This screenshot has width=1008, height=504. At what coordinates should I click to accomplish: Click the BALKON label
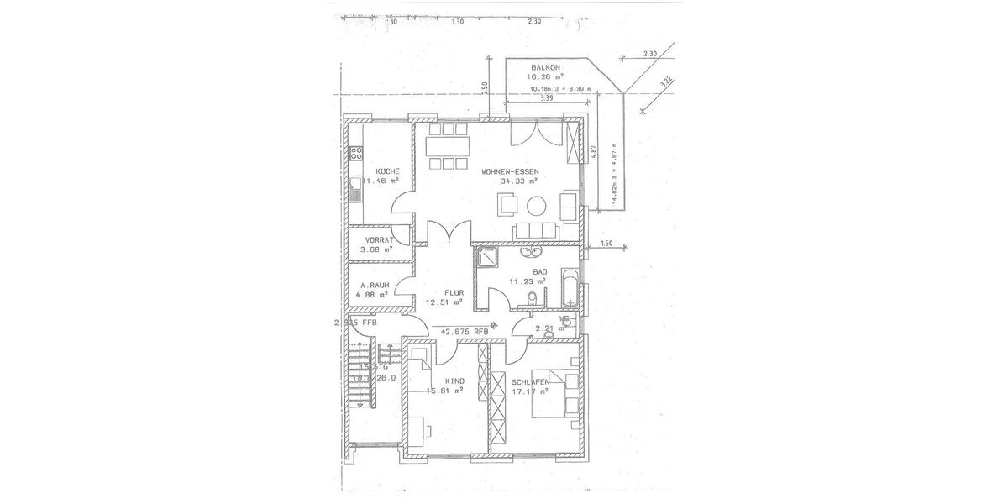click(x=546, y=66)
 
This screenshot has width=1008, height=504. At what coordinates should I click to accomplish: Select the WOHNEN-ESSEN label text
click(x=510, y=171)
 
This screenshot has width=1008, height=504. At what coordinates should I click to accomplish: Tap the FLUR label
click(x=443, y=293)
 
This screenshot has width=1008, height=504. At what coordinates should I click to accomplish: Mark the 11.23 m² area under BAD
click(x=528, y=281)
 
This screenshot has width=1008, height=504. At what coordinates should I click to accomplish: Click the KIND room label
click(x=454, y=381)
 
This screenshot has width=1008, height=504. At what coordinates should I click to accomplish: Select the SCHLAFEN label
click(x=530, y=382)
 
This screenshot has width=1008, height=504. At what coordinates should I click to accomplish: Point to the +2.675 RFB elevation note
click(x=464, y=331)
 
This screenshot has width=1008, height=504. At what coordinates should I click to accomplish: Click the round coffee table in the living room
click(x=536, y=205)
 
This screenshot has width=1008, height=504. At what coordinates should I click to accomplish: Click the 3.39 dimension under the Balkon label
click(x=547, y=98)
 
